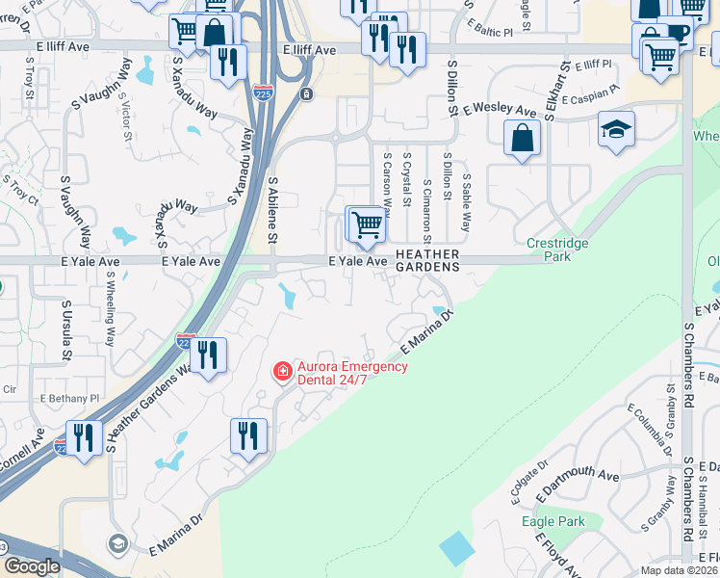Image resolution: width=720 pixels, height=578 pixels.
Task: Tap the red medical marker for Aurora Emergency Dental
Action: point(282,371)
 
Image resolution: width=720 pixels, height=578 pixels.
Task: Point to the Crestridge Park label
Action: point(557,250)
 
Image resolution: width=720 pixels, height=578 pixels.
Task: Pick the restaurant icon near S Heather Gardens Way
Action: point(209,354)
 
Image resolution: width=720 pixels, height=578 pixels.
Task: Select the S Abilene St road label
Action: point(272,209)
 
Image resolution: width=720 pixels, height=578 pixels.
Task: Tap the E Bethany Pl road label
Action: point(69,397)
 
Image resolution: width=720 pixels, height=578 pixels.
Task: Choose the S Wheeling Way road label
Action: point(111,308)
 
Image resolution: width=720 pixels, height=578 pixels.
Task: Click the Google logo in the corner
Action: point(31,566)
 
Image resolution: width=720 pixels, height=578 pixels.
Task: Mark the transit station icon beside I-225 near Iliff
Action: point(305,94)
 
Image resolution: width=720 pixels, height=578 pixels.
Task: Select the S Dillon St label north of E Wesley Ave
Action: point(450,88)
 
